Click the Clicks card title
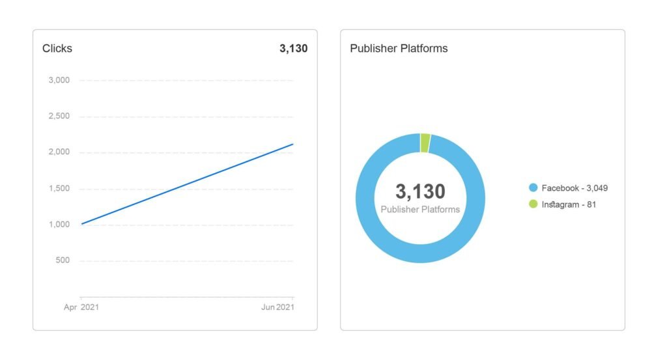57,48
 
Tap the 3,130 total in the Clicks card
293,48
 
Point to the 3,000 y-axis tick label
59,81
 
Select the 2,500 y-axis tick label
59,117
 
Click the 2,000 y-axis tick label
59,152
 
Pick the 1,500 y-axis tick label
59,189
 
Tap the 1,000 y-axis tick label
59,225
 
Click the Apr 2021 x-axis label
81,307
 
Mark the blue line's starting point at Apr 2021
81,224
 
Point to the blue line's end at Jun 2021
293,144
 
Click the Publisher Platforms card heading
399,48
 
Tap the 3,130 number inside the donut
420,191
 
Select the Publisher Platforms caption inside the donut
420,210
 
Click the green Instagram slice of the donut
425,143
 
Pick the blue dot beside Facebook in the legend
533,188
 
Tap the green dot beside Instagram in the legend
533,204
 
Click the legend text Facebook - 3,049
575,188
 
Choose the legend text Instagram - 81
569,204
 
